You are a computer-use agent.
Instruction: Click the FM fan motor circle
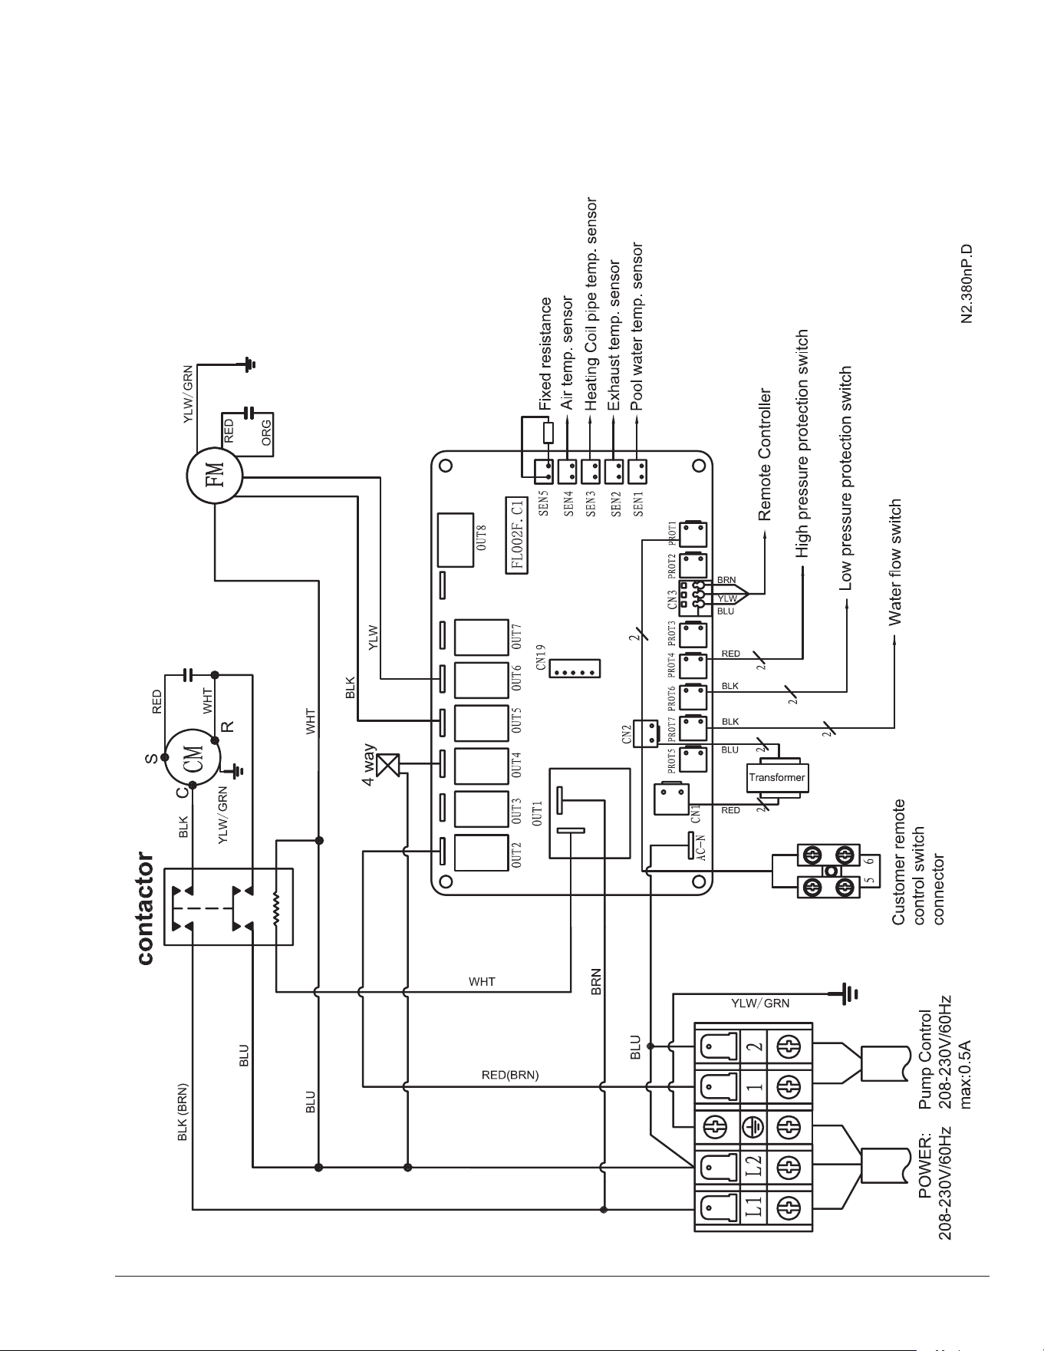click(x=215, y=476)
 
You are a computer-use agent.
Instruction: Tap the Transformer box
click(x=777, y=777)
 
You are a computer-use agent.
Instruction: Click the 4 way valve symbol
click(x=390, y=764)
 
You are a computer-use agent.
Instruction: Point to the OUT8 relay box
click(x=456, y=539)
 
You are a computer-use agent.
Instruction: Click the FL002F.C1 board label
click(x=519, y=535)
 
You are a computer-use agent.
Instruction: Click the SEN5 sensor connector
click(x=545, y=468)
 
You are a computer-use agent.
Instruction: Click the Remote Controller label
click(x=765, y=455)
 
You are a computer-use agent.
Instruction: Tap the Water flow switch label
click(x=894, y=563)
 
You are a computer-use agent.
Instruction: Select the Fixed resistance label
click(x=545, y=353)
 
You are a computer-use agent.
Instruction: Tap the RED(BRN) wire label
click(x=510, y=1075)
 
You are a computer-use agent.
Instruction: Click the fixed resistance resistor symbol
click(x=547, y=433)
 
